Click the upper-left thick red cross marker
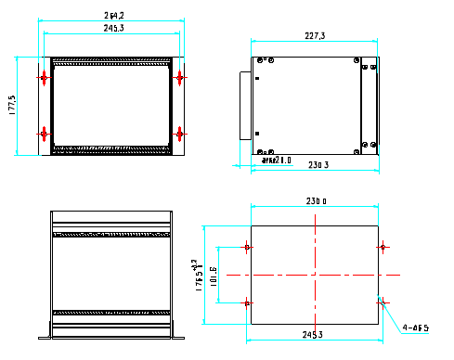click(x=44, y=78)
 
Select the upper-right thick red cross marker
click(x=180, y=78)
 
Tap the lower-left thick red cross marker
click(x=44, y=134)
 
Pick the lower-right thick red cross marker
click(x=180, y=134)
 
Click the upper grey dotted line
click(x=111, y=58)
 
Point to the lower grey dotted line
click(x=111, y=151)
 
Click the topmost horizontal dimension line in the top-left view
click(x=111, y=20)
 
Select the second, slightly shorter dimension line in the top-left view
click(x=111, y=34)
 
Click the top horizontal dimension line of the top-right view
click(x=314, y=41)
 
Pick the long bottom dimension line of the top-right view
click(x=314, y=171)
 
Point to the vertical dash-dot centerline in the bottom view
click(x=316, y=251)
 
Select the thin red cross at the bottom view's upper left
click(x=247, y=247)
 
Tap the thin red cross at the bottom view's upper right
click(x=383, y=247)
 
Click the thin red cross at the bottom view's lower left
click(x=247, y=302)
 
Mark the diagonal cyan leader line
click(x=391, y=315)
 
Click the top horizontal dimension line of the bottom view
click(x=314, y=206)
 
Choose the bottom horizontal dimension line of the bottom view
click(x=314, y=341)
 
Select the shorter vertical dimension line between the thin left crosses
click(x=218, y=275)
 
